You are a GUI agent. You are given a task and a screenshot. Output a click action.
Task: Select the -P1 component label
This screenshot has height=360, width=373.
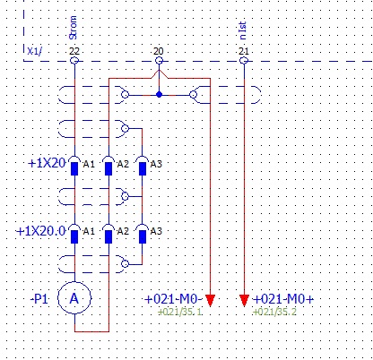point(39,299)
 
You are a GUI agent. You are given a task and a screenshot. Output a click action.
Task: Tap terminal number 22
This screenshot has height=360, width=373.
point(74,51)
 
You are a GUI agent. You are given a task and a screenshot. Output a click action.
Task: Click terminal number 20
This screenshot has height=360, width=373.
point(159,51)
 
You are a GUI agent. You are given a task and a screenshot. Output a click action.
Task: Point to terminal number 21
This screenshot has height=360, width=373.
point(244,51)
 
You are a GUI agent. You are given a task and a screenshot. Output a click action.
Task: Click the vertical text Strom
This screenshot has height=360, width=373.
point(73,28)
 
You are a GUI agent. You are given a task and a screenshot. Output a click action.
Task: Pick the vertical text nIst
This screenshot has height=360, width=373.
point(243,30)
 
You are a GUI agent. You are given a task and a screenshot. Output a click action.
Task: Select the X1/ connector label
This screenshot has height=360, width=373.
point(35,51)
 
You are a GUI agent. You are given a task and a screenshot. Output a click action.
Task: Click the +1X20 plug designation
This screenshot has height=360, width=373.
point(47,163)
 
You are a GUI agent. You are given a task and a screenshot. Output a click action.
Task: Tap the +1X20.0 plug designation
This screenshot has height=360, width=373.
point(40,231)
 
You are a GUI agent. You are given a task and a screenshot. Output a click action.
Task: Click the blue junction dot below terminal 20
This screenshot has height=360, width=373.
point(159,95)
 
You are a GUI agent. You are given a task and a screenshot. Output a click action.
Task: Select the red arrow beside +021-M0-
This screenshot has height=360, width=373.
point(211,300)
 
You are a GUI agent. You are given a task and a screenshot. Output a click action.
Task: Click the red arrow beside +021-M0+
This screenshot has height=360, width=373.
point(244,300)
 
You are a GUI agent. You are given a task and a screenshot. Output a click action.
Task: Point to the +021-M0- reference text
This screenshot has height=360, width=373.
point(174,299)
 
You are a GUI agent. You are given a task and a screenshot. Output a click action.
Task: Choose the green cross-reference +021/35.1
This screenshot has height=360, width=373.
point(179,312)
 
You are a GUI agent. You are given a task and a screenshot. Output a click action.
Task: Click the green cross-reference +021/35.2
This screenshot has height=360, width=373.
point(274,312)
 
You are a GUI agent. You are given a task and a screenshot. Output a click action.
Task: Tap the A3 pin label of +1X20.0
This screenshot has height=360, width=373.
point(156,231)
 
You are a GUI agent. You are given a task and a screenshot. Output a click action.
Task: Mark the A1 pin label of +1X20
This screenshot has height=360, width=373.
point(89,164)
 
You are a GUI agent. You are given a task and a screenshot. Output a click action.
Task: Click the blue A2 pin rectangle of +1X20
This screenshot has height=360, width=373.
point(108,168)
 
